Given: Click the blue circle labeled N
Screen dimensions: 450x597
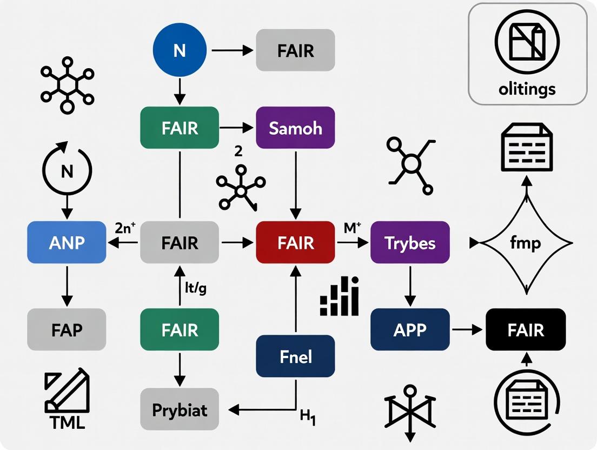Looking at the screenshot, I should tap(180, 51).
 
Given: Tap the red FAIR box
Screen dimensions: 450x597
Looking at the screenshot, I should tap(295, 243).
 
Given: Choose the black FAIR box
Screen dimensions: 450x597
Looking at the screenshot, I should tap(526, 329).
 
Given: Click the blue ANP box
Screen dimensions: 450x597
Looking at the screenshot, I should tap(67, 243).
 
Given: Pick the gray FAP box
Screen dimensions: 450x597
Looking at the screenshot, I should tap(67, 329).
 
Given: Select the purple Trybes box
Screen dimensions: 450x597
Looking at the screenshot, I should tap(410, 243).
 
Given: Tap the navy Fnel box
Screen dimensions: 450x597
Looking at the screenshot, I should tap(295, 356).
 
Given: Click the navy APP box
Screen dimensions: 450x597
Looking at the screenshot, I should tap(410, 329).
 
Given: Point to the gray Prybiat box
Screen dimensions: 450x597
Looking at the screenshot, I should tap(180, 409).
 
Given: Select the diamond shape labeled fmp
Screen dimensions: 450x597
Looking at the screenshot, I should tap(526, 243).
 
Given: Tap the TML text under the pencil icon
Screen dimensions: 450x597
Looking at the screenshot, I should tap(66, 422).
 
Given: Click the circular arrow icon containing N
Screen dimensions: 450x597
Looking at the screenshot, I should tap(67, 171).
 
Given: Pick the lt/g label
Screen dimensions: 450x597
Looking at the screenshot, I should tap(195, 288).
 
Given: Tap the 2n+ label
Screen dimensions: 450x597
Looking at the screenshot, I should tap(128, 227).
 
